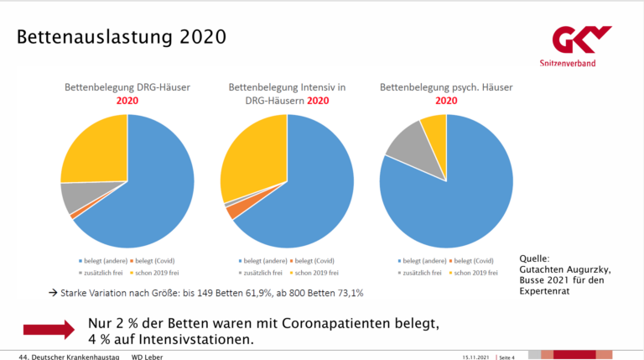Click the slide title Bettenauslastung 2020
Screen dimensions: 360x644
tap(121, 37)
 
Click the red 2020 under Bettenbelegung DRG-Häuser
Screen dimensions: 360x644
tap(127, 101)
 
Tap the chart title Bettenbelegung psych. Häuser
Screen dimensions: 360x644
tap(446, 87)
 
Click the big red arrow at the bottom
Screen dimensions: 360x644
tap(49, 331)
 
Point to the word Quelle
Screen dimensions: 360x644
tap(534, 258)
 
